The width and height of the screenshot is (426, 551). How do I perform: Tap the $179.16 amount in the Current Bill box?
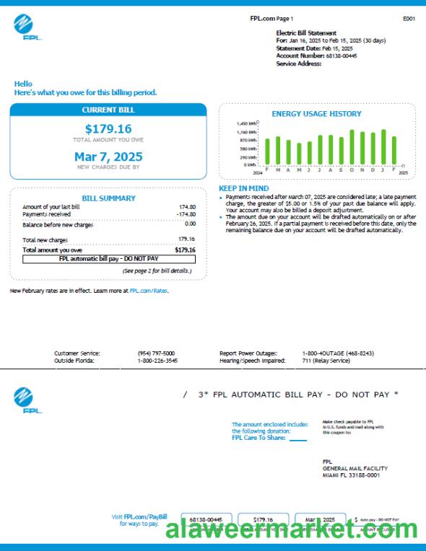point(108,129)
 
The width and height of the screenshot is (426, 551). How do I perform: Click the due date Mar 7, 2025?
point(108,157)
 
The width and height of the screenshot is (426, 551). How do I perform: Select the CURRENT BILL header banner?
point(108,110)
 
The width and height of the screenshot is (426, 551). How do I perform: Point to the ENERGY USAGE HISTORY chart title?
point(316,114)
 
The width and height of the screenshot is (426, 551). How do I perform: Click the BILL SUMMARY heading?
point(108,198)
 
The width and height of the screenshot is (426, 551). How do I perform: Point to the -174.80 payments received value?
point(186,214)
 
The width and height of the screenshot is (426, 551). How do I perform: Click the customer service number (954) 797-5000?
point(156,353)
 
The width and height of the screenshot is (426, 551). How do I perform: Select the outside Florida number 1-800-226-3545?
point(157,360)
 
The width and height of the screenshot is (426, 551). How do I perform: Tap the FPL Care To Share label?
point(258,437)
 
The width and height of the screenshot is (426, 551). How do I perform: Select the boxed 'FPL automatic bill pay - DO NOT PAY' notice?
point(108,257)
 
